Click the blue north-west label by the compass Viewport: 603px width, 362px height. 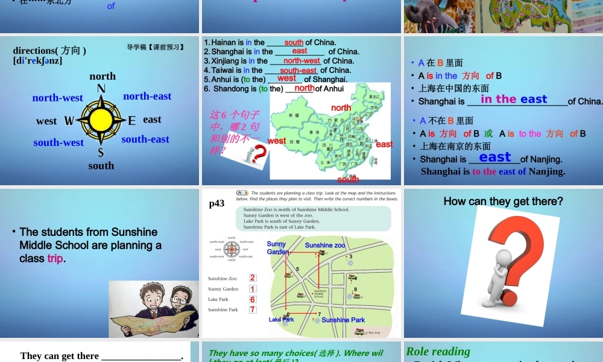[x=58, y=98]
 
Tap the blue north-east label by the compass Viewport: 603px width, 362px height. [x=147, y=96]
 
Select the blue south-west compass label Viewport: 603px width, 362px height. [x=58, y=142]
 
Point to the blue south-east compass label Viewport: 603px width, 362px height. [x=145, y=139]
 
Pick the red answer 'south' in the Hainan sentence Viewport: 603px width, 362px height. [x=294, y=42]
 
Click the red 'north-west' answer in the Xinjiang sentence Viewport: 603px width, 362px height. [x=301, y=61]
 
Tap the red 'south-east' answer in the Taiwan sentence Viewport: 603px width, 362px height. [x=299, y=71]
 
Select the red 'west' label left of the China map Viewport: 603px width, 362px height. [x=277, y=141]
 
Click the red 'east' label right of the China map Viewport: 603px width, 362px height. [x=384, y=144]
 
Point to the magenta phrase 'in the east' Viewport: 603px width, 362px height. [x=514, y=100]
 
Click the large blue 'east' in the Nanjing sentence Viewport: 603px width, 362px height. [x=495, y=157]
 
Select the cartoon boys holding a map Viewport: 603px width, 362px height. [x=153, y=308]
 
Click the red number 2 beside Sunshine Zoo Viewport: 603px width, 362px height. [x=253, y=278]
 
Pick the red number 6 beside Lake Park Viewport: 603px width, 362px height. [x=253, y=299]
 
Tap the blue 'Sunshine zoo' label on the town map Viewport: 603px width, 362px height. [x=325, y=246]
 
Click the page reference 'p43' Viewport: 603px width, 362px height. [x=216, y=204]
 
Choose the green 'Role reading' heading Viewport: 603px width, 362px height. [x=438, y=351]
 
